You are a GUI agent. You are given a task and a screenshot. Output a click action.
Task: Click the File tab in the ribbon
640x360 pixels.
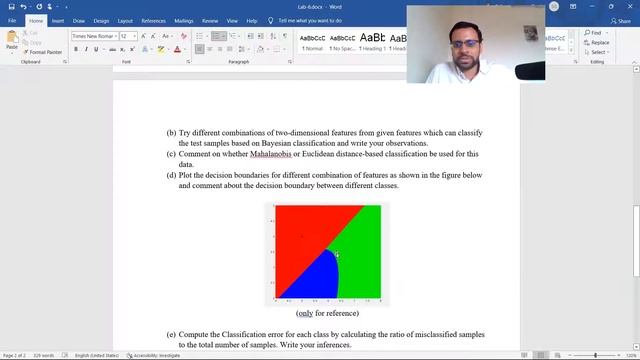pyautogui.click(x=12, y=20)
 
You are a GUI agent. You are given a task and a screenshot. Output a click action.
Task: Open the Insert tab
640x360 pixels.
pyautogui.click(x=58, y=20)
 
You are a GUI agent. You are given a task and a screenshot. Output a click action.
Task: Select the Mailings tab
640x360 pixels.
pyautogui.click(x=184, y=20)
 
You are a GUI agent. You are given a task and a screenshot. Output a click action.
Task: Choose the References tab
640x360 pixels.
pyautogui.click(x=153, y=20)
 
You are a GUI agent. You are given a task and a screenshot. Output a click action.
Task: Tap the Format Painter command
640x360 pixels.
pyautogui.click(x=43, y=52)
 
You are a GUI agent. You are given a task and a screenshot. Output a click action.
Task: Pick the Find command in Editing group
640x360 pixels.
pyautogui.click(x=595, y=33)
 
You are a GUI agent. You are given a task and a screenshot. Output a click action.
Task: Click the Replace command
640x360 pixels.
pyautogui.click(x=598, y=43)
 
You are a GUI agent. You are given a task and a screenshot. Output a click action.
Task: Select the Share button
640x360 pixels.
pyautogui.click(x=623, y=20)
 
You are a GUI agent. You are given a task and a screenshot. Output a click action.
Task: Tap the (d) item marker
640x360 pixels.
pyautogui.click(x=171, y=175)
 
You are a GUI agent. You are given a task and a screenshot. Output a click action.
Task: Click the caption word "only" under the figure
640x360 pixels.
pyautogui.click(x=305, y=313)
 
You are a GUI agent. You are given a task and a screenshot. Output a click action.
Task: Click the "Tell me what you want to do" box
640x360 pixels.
pyautogui.click(x=323, y=20)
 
